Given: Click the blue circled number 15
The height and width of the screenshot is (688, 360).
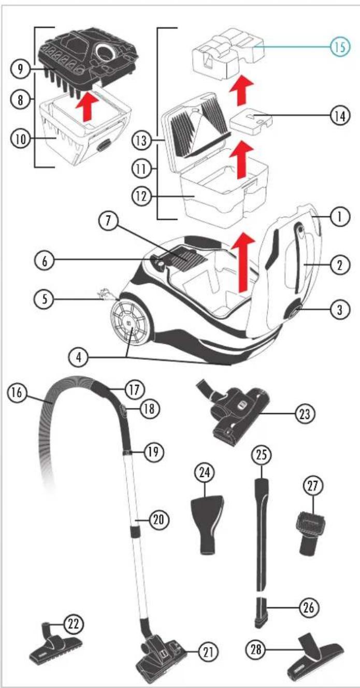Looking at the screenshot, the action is [340, 47].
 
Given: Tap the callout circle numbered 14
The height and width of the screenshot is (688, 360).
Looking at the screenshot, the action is [340, 116].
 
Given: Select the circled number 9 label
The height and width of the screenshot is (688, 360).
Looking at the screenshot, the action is [20, 69].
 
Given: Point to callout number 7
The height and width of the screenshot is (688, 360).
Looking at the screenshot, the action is [109, 221].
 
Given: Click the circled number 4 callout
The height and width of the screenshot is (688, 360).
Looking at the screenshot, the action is [79, 358].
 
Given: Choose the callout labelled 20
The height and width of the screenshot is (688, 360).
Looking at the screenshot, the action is [159, 520].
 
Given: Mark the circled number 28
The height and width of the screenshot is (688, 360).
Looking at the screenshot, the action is [256, 649].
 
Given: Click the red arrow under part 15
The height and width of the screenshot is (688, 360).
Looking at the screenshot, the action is [241, 91].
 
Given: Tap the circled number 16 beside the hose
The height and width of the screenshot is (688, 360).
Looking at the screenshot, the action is [17, 392].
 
